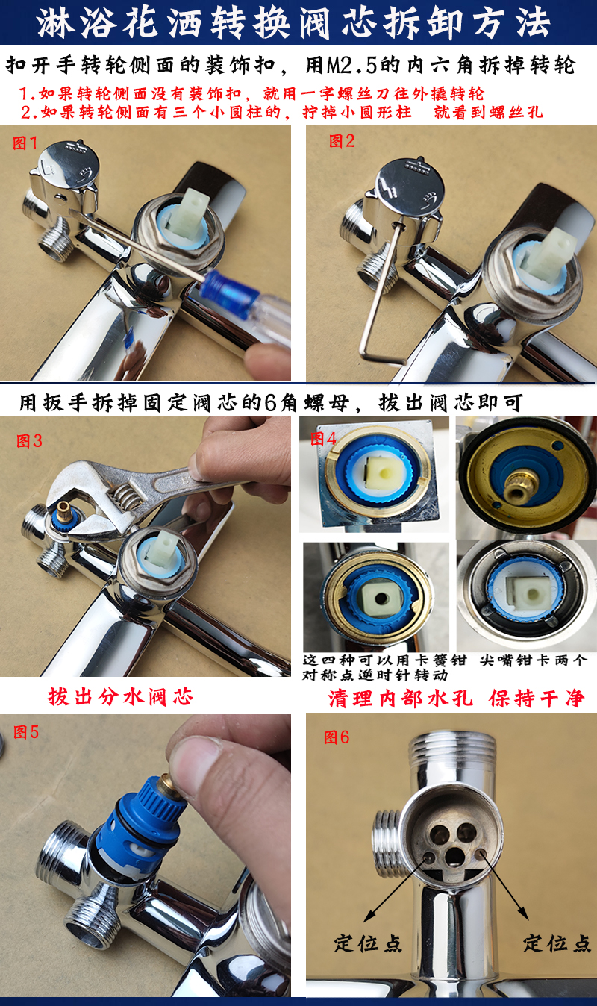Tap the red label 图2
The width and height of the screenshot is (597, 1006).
point(342,141)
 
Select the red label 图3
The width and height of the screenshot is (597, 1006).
point(29,441)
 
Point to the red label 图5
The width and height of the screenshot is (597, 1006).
point(26,732)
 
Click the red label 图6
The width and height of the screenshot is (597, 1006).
point(336,737)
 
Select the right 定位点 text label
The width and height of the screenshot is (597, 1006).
point(557,943)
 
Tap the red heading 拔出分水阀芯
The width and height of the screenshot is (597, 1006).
point(120,697)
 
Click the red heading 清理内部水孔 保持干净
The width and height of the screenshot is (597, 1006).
point(456,699)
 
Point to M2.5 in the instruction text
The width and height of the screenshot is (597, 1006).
point(345,65)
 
